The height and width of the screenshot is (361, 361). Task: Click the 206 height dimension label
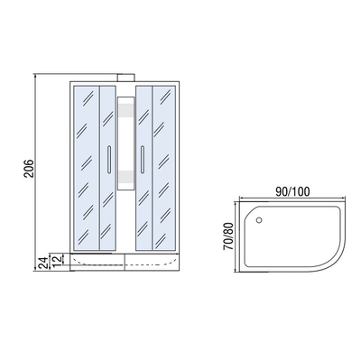tap(30, 168)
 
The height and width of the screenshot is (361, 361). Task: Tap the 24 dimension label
tap(42, 263)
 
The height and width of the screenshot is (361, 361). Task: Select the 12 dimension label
tap(57, 259)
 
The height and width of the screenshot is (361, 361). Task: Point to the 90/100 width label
tap(292, 191)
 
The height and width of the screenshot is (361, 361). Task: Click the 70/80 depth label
tap(228, 236)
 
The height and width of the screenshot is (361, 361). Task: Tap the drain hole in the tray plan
tap(259, 220)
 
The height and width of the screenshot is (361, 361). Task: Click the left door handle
tap(109, 160)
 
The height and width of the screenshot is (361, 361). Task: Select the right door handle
tap(142, 160)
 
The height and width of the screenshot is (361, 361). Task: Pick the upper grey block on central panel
tap(125, 110)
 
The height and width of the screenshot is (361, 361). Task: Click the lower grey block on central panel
tap(125, 177)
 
